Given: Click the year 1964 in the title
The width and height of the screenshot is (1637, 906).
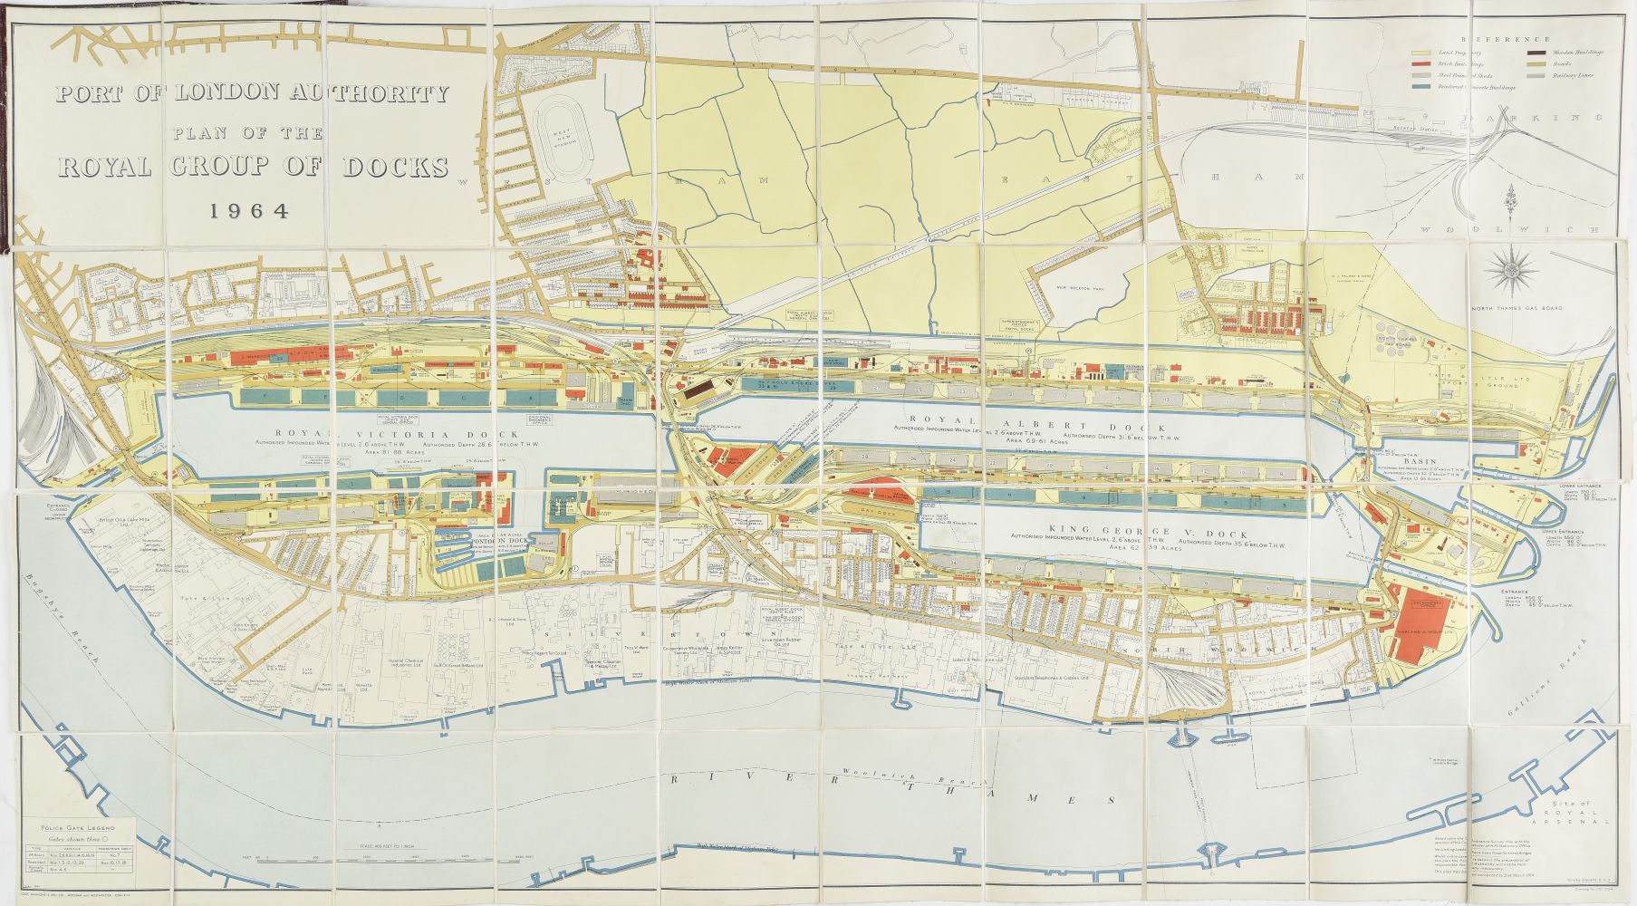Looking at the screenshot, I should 248,211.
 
